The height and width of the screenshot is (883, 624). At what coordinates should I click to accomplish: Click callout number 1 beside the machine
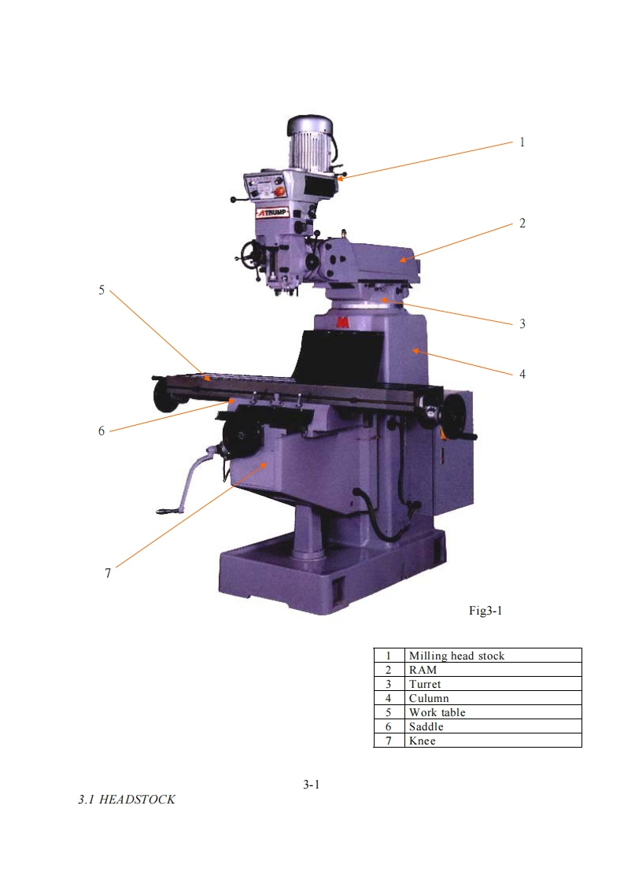pos(522,142)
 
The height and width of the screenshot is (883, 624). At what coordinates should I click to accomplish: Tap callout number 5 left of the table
pos(102,290)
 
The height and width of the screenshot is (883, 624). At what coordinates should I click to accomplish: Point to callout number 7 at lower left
pos(108,573)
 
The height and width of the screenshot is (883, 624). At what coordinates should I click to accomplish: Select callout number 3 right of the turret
pos(522,323)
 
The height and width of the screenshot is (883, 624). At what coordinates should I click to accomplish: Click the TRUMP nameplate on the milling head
pos(272,212)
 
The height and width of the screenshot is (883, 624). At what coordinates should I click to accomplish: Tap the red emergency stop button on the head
pos(279,191)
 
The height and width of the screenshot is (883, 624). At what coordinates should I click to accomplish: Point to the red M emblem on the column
pos(342,323)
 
